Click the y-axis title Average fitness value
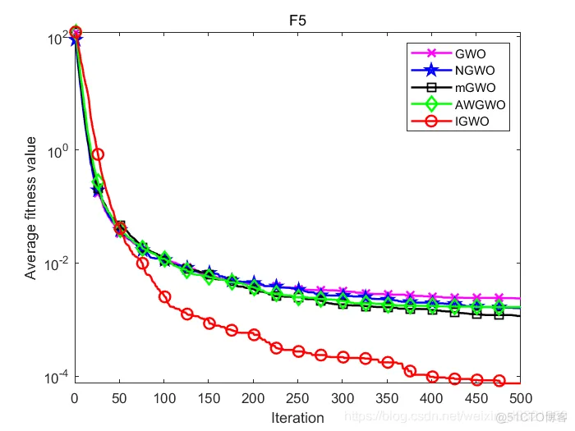pyautogui.click(x=30, y=208)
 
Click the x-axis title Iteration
pyautogui.click(x=297, y=418)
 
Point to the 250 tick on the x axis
pyautogui.click(x=298, y=397)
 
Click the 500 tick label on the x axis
pyautogui.click(x=520, y=397)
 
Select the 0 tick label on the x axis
pyautogui.click(x=75, y=397)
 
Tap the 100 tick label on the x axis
pyautogui.click(x=164, y=397)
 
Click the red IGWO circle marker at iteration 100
pyautogui.click(x=164, y=297)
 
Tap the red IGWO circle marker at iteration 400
pyautogui.click(x=432, y=377)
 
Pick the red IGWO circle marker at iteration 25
pyautogui.click(x=98, y=154)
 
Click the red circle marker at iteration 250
pyautogui.click(x=298, y=351)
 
